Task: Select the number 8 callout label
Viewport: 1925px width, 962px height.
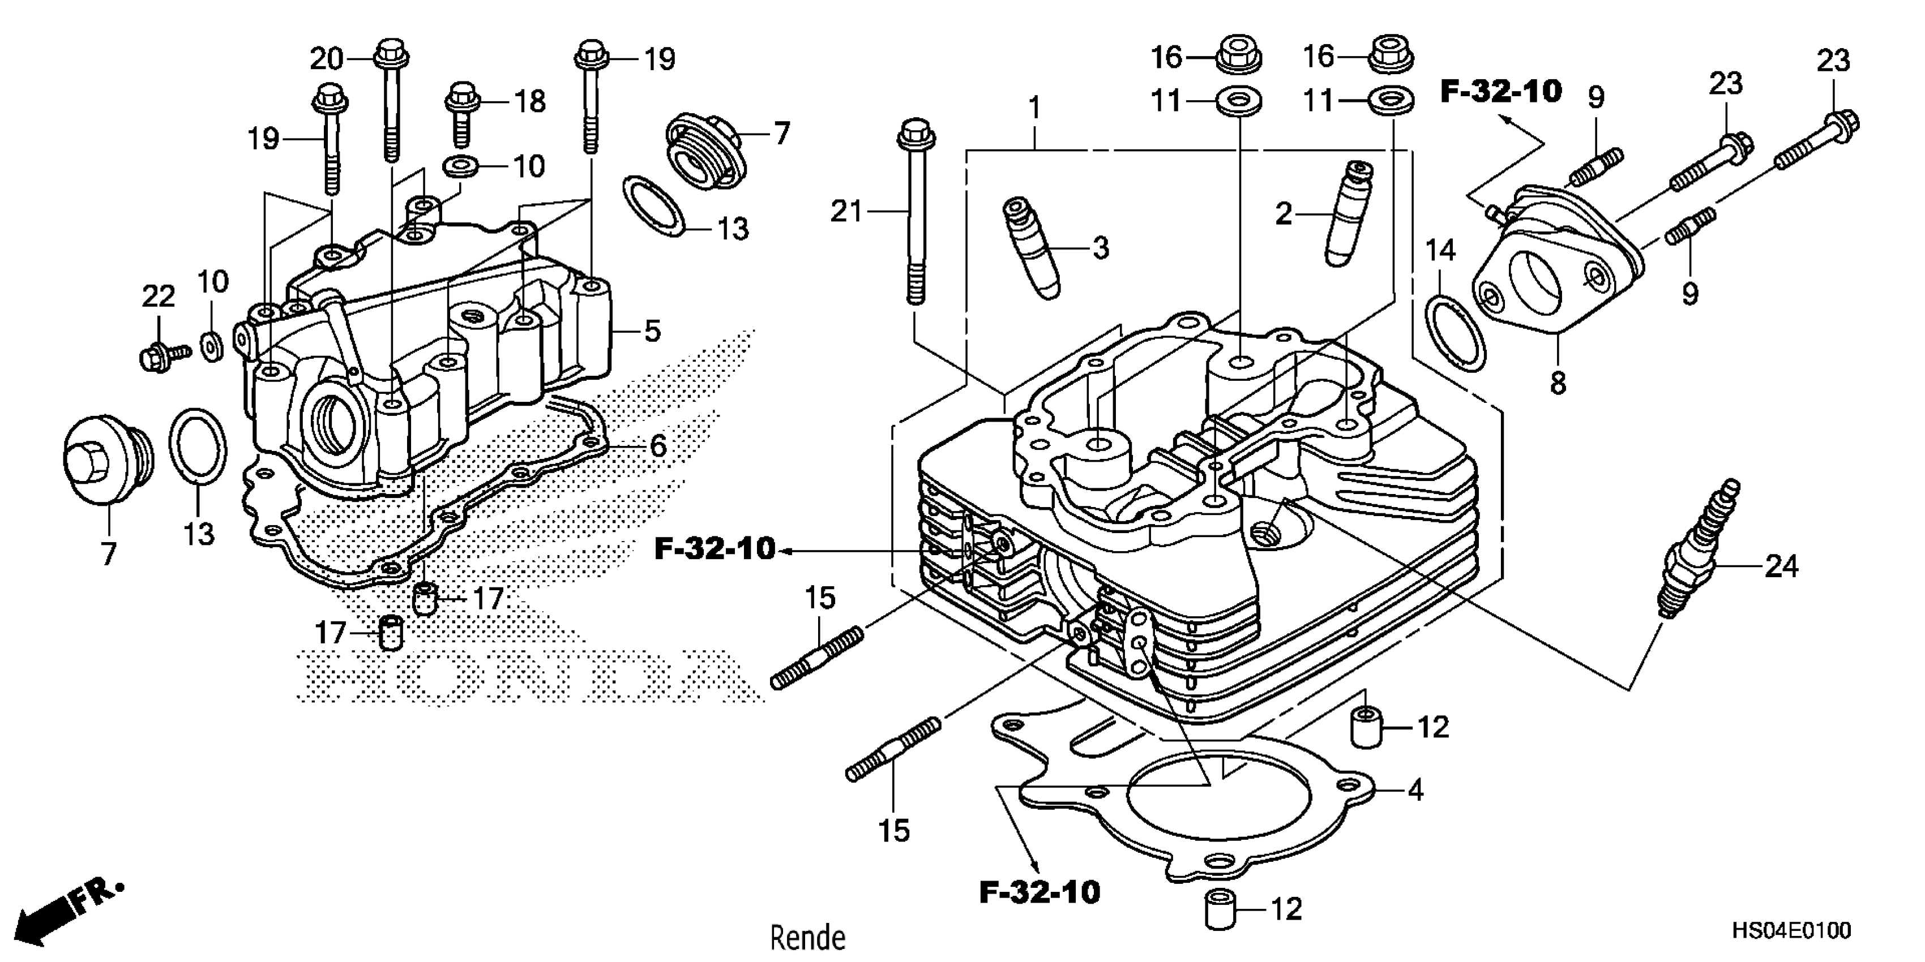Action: click(1558, 383)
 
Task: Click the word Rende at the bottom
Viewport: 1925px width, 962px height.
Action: click(808, 938)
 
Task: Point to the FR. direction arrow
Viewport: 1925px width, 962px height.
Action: click(67, 911)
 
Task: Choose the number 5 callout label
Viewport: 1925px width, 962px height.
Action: click(652, 330)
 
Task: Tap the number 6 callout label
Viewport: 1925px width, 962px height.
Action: click(657, 446)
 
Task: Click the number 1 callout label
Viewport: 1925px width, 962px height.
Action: click(1034, 109)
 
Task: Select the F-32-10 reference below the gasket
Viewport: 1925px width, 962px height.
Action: click(1040, 892)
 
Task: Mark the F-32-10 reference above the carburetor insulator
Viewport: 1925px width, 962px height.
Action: click(1500, 92)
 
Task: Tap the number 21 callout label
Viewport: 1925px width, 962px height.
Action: click(846, 212)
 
